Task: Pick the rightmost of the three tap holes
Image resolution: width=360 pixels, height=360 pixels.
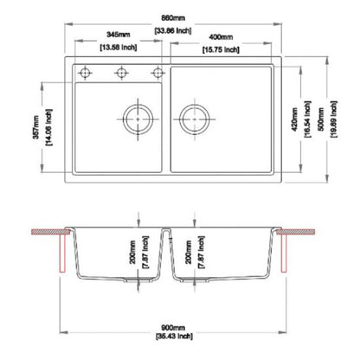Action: [157, 71]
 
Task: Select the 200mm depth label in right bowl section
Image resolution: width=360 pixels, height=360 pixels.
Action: [192, 250]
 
